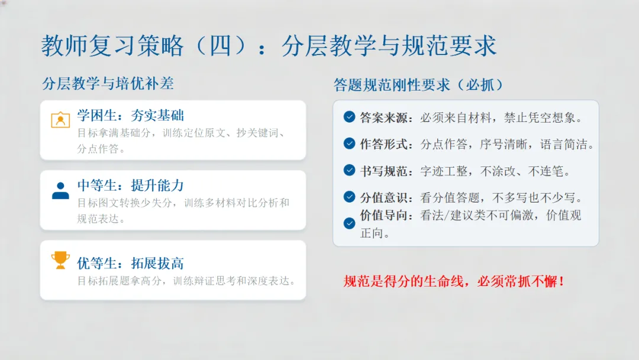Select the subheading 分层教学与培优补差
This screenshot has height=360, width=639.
click(108, 83)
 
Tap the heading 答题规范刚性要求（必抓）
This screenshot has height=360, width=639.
click(419, 85)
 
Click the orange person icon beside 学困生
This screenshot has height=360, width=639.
click(60, 120)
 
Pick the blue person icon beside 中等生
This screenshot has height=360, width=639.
click(60, 190)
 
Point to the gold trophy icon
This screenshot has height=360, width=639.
click(60, 260)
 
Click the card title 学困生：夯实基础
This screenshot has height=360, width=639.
click(130, 115)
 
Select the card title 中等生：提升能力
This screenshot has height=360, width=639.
click(130, 185)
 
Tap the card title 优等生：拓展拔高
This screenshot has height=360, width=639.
click(130, 263)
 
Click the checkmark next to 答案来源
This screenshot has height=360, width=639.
click(350, 117)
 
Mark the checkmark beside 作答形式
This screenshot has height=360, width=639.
click(350, 143)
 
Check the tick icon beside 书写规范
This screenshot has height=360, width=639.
click(350, 171)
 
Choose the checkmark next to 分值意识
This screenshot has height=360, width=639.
click(350, 197)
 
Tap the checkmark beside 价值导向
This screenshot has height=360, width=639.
click(350, 223)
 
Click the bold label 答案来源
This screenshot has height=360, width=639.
click(383, 117)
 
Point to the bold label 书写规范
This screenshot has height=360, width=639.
click(383, 171)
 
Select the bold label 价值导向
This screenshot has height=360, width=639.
click(383, 216)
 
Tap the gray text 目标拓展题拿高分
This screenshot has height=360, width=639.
click(120, 281)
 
